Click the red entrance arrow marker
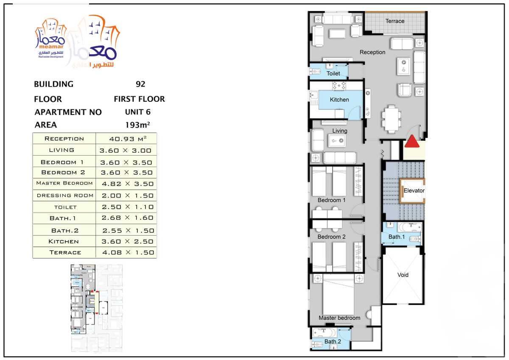point(412,142)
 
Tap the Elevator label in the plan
point(414,191)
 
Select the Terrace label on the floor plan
point(394,21)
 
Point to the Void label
point(403,275)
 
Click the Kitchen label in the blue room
point(339,100)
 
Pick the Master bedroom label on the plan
point(339,318)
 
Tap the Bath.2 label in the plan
point(333,342)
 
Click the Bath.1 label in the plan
point(397,237)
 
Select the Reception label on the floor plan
point(372,52)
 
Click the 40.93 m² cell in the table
point(126,139)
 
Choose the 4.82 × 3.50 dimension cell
point(126,184)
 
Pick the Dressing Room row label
point(65,195)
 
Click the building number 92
point(140,84)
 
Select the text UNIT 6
point(137,112)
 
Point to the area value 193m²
point(137,125)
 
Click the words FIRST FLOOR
point(139,99)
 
